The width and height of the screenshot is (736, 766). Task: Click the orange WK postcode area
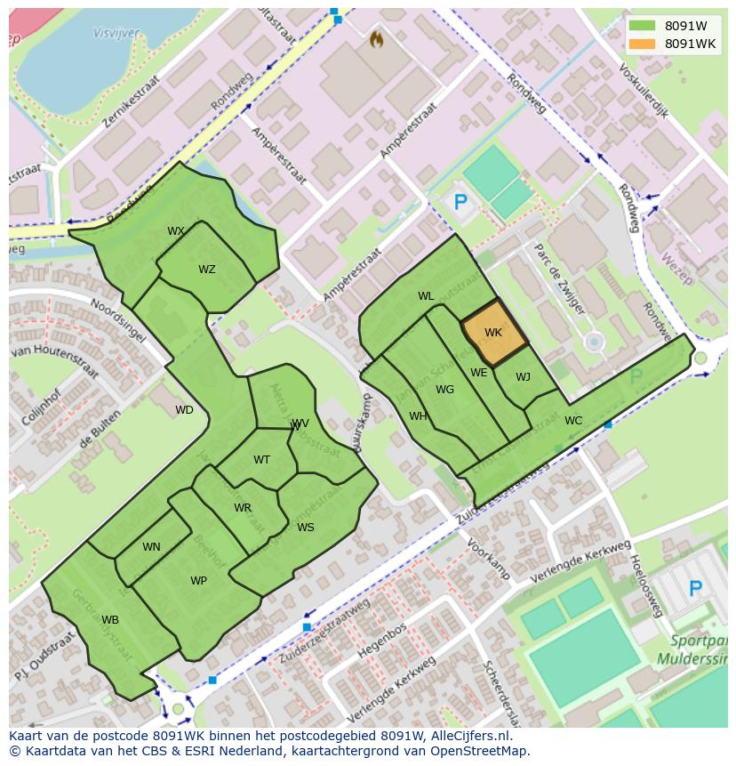click(x=494, y=332)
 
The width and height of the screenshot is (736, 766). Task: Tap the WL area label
click(x=426, y=296)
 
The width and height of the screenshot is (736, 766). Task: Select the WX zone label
click(x=176, y=231)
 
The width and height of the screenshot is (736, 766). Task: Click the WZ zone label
click(x=207, y=270)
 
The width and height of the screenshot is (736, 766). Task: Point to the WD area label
click(x=184, y=410)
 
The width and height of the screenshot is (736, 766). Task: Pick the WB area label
click(x=110, y=620)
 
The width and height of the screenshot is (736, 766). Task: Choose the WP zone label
click(x=198, y=581)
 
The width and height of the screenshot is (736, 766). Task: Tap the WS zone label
click(x=306, y=528)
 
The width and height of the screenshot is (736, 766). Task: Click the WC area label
click(x=573, y=421)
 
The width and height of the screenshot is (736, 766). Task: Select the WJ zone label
click(x=523, y=377)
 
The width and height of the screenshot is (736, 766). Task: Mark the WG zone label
click(x=444, y=390)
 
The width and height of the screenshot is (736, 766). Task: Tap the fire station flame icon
click(x=376, y=40)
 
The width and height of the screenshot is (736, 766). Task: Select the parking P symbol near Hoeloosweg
click(x=695, y=588)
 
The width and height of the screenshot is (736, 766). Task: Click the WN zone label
click(x=151, y=547)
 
